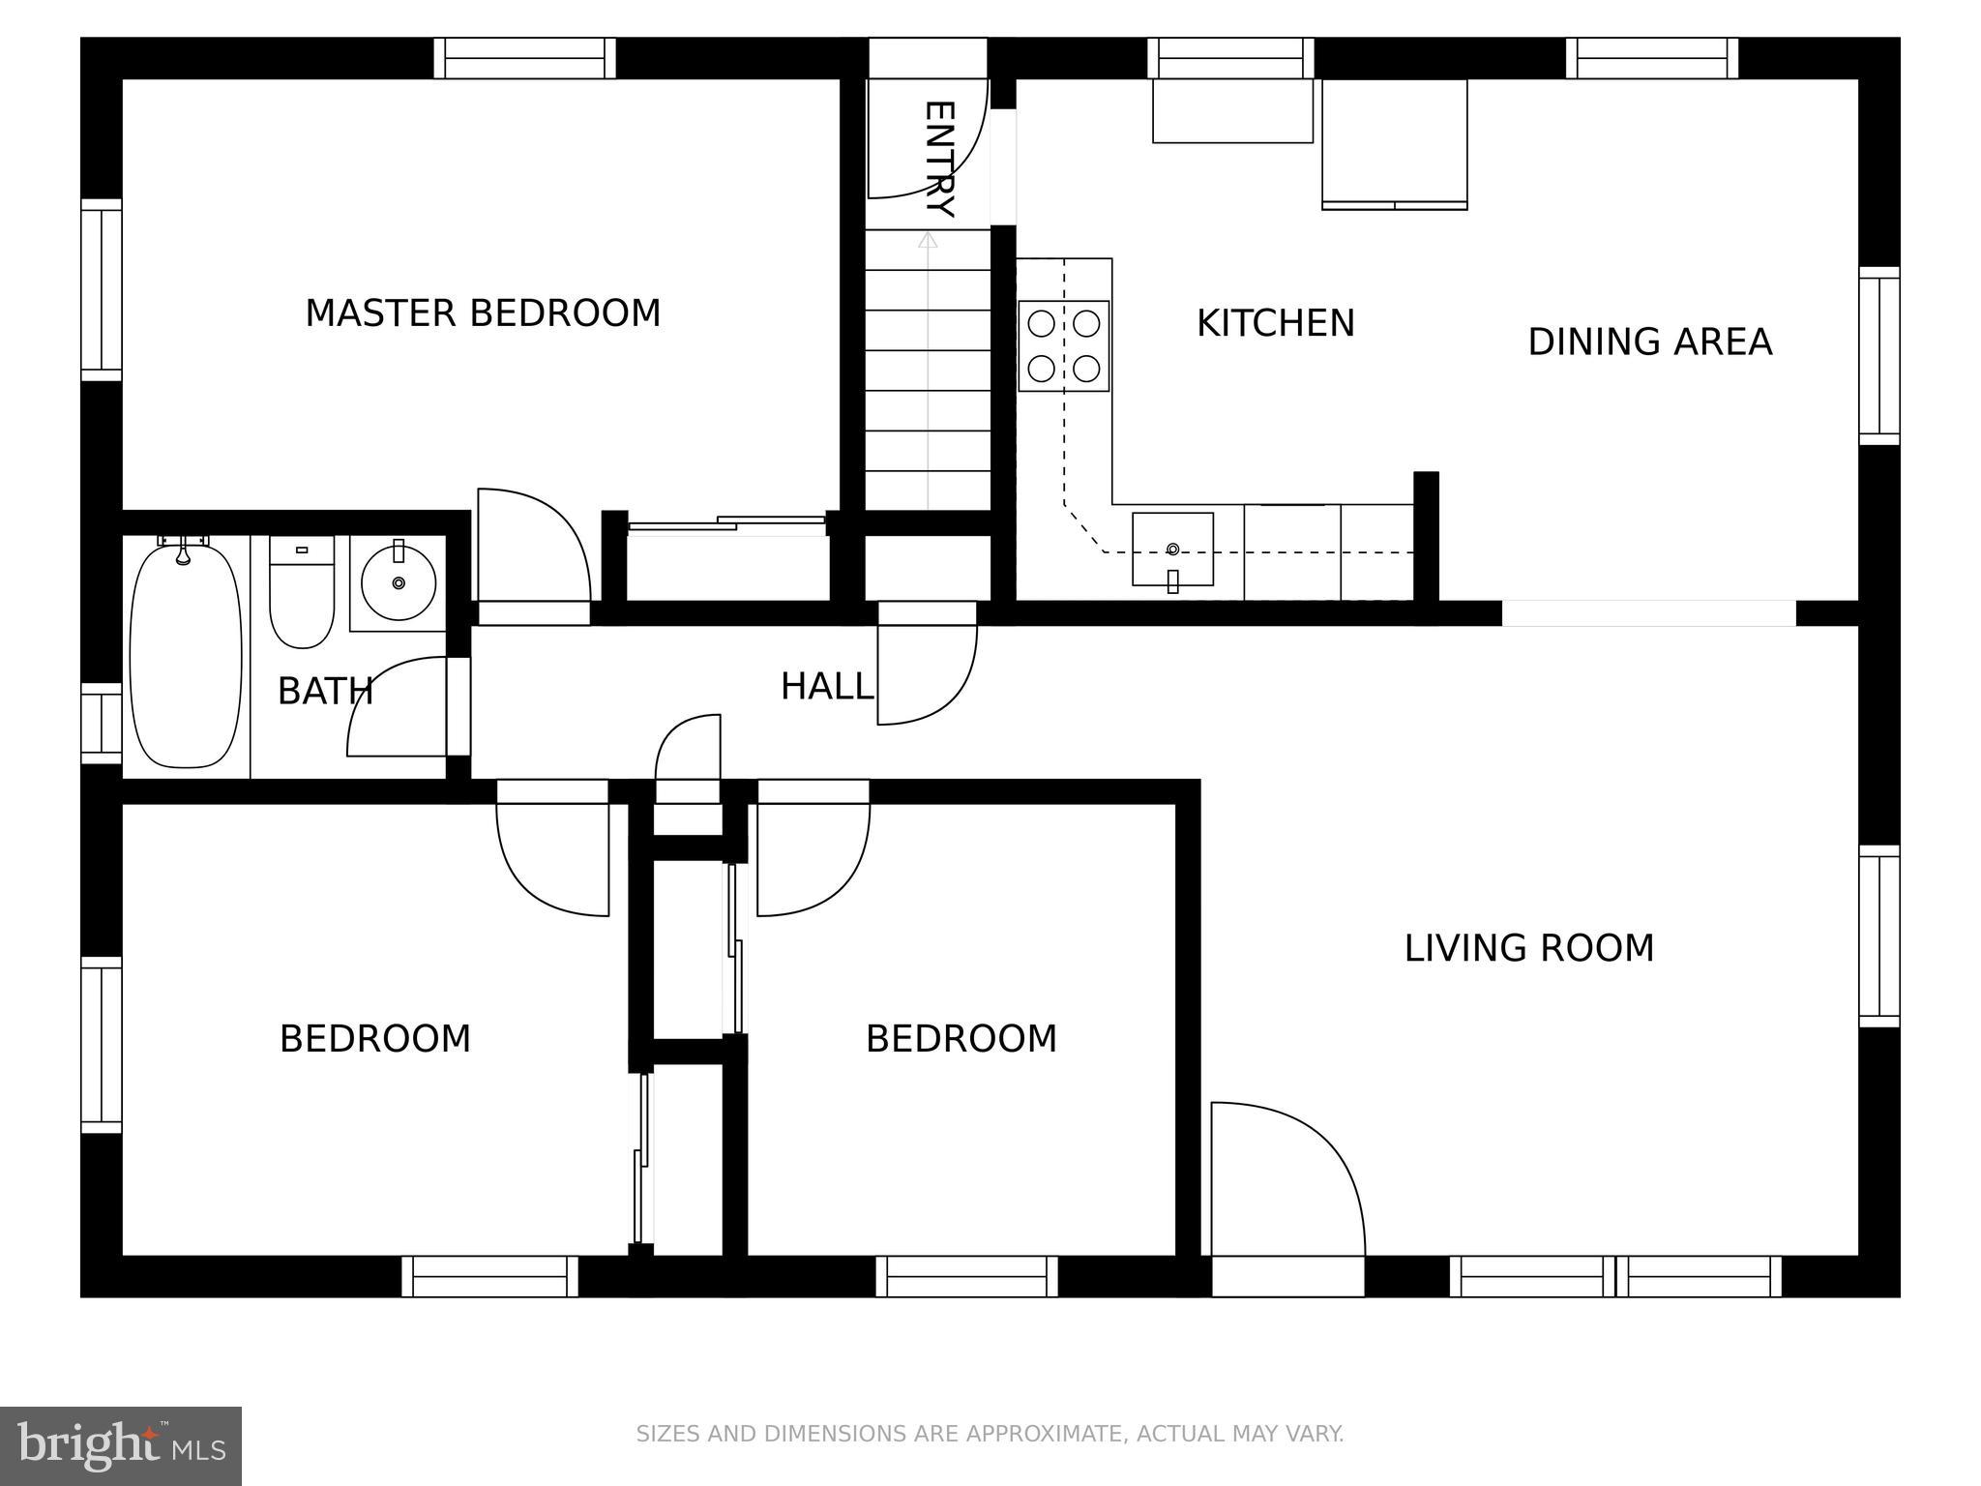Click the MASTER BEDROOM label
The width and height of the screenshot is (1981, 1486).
tap(483, 313)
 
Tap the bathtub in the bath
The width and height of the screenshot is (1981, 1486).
tap(185, 656)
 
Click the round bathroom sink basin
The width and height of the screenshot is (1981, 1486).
tap(399, 582)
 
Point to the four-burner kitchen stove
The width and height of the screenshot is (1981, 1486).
tap(1063, 345)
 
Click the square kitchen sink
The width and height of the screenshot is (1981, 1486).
tap(1172, 550)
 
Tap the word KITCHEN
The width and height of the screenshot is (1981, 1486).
tap(1275, 323)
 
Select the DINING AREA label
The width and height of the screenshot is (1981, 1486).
tap(1649, 342)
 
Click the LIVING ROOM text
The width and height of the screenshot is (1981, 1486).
tap(1528, 948)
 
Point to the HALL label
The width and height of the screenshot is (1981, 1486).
tap(826, 687)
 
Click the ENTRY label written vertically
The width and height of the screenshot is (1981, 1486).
tap(939, 159)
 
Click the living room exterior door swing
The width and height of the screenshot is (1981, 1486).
tap(1286, 1180)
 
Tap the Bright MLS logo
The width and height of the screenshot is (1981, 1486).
tap(120, 1445)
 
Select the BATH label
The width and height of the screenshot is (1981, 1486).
tap(325, 692)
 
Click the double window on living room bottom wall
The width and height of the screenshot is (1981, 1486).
tap(1615, 1276)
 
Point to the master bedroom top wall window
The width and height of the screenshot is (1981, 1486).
tap(524, 58)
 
